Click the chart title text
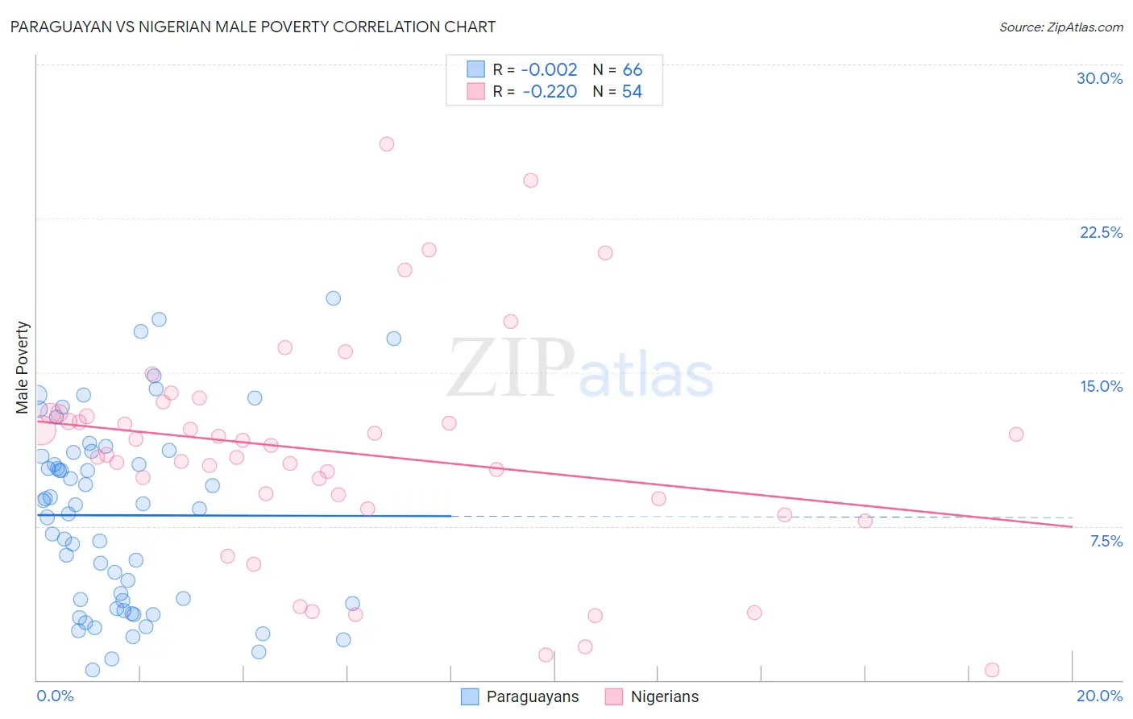point(252,27)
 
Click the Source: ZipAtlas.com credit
point(1060,27)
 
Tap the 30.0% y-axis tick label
point(1099,78)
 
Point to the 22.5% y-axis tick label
point(1101,232)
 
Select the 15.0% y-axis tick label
point(1101,386)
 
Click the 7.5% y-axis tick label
point(1106,541)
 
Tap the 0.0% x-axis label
point(55,696)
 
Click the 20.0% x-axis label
point(1099,696)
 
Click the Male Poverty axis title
point(23,368)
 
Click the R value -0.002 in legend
point(549,70)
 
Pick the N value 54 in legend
point(632,92)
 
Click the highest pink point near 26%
point(387,144)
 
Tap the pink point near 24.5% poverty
point(530,181)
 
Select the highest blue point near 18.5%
point(333,298)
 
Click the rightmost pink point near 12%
point(1016,434)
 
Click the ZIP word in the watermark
point(511,368)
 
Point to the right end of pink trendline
point(1072,526)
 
